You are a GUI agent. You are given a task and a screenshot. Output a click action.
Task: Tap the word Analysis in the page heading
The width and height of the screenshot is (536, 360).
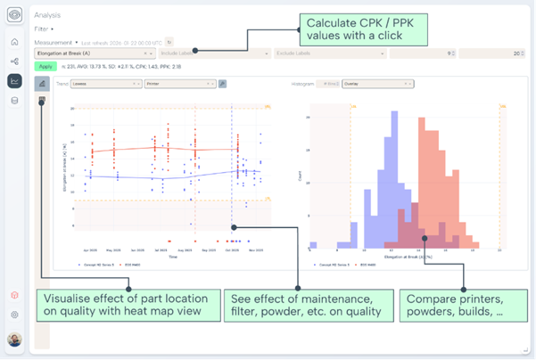click(48, 15)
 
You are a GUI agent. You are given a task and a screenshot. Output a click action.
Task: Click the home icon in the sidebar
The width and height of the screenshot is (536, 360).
click(14, 42)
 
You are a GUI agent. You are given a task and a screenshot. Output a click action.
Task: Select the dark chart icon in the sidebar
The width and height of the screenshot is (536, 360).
click(14, 81)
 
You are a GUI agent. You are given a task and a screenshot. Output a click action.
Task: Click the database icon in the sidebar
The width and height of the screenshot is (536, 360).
click(14, 101)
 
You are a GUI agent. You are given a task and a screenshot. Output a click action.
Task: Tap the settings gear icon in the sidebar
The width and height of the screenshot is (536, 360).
click(14, 315)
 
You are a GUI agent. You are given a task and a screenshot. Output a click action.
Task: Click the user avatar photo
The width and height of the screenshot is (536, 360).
click(14, 340)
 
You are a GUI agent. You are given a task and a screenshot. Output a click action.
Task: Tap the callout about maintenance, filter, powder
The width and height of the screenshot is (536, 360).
click(306, 305)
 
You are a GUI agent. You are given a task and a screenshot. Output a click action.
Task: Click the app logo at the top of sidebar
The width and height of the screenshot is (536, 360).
click(14, 15)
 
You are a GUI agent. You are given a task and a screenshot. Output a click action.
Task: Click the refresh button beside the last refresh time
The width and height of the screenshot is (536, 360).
click(169, 42)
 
